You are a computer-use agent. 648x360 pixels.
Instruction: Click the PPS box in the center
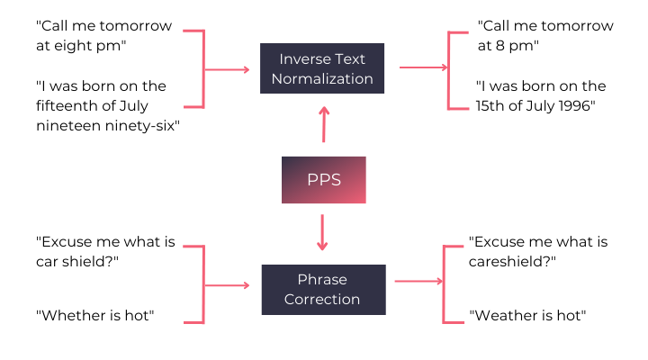coord(324,179)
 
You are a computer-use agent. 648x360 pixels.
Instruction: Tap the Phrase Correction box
coord(322,289)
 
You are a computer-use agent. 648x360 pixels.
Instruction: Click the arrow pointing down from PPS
coord(322,233)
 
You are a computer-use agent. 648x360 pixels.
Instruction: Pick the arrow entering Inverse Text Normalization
coord(229,68)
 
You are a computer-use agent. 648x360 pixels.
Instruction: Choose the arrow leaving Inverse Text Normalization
coord(422,67)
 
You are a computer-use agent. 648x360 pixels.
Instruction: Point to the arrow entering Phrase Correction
coord(229,285)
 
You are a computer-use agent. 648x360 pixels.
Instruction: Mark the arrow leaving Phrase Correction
coord(418,282)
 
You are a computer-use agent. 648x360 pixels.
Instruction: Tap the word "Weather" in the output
coord(504,315)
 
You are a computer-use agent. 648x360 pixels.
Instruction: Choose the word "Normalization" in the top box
coord(325,78)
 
